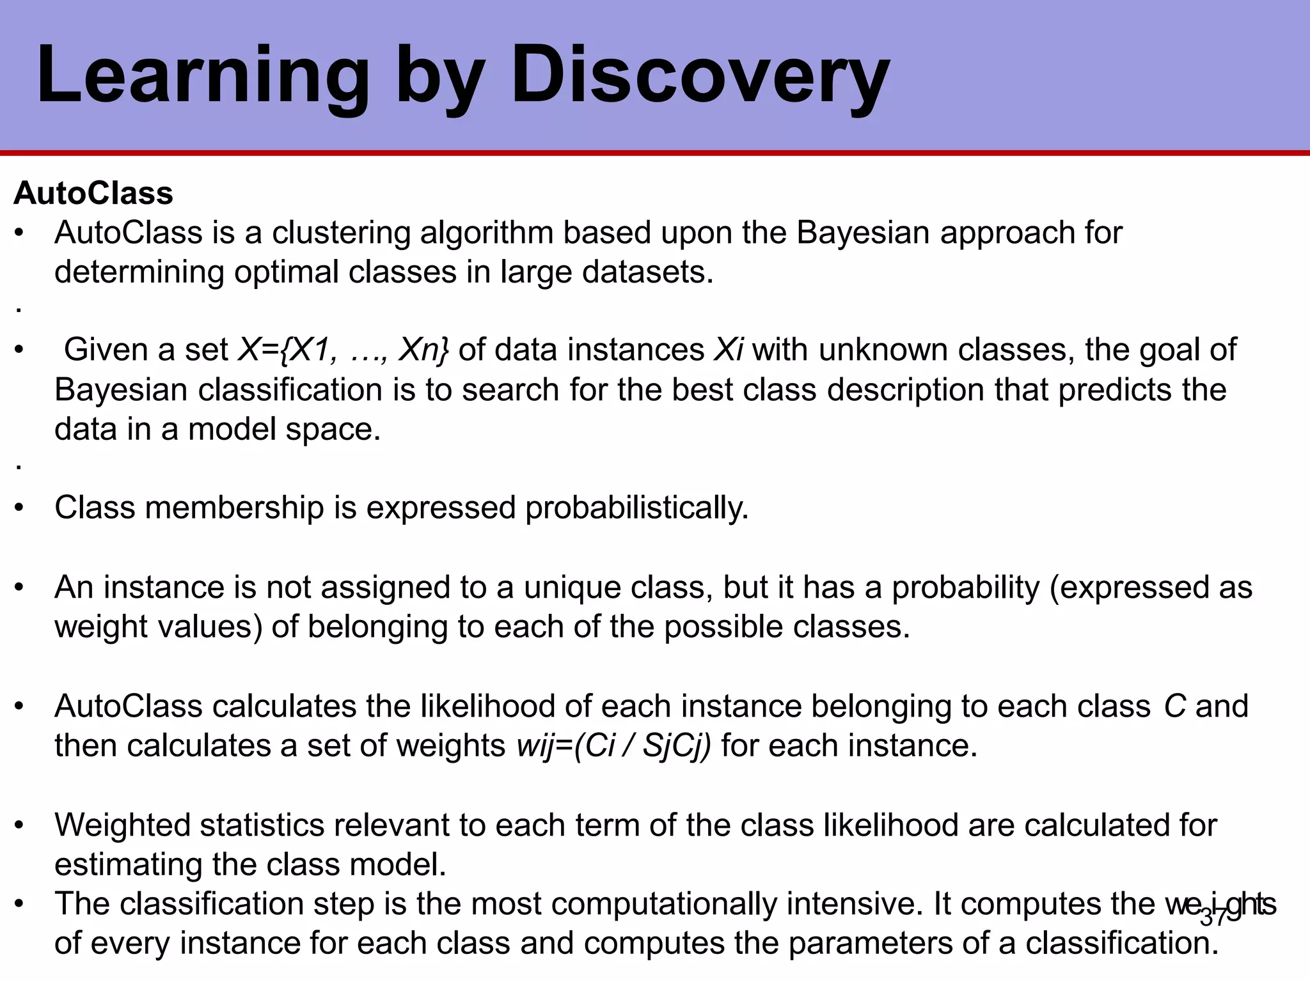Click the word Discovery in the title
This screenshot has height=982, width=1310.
(x=700, y=75)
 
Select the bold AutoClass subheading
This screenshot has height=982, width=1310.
(x=93, y=193)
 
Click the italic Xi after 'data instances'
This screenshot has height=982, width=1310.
(x=728, y=350)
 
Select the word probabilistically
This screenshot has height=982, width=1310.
(x=636, y=508)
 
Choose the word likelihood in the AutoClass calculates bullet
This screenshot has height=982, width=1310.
(x=485, y=706)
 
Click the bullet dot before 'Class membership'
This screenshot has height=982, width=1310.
(x=20, y=508)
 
